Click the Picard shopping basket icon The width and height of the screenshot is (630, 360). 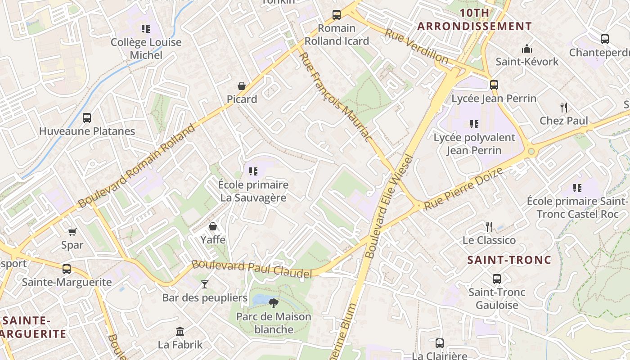click(242, 86)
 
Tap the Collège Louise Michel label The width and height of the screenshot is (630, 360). click(146, 49)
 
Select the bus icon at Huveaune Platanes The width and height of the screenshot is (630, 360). click(87, 118)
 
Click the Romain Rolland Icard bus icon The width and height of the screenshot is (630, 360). click(337, 15)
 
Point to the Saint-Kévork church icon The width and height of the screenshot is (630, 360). click(526, 49)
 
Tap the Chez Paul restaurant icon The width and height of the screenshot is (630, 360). click(563, 108)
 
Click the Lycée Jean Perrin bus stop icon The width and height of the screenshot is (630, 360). click(494, 85)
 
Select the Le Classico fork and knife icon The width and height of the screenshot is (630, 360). click(489, 227)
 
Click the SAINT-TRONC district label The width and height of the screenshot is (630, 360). click(509, 260)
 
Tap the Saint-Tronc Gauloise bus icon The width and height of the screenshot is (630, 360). click(497, 279)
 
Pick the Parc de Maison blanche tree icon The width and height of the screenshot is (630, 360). click(273, 303)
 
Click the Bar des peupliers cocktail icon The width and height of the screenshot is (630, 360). click(205, 284)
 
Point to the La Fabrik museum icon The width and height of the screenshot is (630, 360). click(180, 332)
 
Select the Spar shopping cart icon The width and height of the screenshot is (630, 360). click(72, 232)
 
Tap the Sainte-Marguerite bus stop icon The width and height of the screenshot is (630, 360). click(67, 269)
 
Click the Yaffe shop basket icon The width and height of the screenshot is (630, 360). click(213, 226)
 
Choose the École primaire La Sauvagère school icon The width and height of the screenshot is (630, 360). click(253, 171)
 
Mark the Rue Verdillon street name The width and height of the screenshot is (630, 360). click(416, 46)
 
